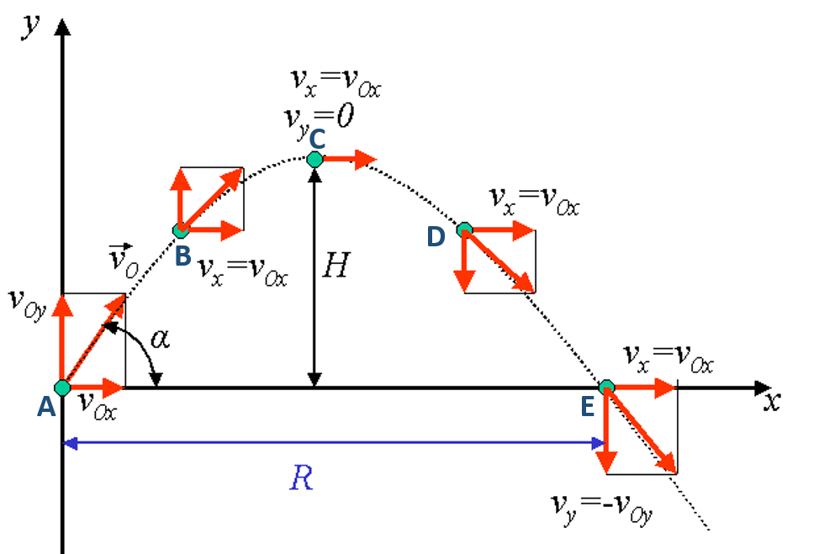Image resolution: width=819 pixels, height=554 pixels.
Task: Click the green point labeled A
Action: coord(61,388)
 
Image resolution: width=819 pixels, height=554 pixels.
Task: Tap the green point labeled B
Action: coord(180,230)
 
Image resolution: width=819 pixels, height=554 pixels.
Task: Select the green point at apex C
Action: coord(315,159)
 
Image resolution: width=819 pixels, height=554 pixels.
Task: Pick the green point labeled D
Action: coord(464,230)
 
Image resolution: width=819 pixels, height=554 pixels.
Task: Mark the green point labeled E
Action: coord(606,388)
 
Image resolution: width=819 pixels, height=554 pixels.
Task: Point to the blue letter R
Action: coord(300,478)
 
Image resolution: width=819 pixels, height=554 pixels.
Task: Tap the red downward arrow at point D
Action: coord(464,262)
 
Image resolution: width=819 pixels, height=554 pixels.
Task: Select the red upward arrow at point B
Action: coord(180,198)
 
